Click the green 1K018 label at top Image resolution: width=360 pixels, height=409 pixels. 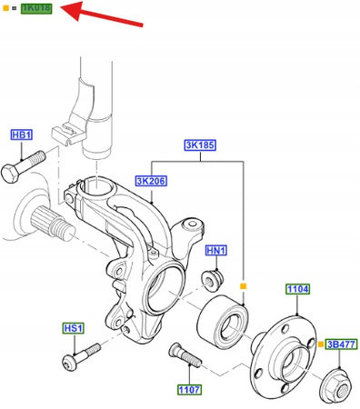click(36, 8)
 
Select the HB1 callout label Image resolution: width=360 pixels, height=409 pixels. click(22, 135)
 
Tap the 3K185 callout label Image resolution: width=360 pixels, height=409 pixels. click(200, 145)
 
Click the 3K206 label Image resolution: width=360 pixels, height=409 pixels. click(151, 181)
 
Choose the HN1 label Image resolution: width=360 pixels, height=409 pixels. click(216, 251)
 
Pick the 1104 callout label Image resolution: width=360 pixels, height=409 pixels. click(298, 289)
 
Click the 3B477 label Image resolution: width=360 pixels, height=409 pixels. click(342, 344)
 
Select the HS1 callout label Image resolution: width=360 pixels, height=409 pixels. click(74, 328)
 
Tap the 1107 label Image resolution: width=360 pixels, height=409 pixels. click(189, 390)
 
